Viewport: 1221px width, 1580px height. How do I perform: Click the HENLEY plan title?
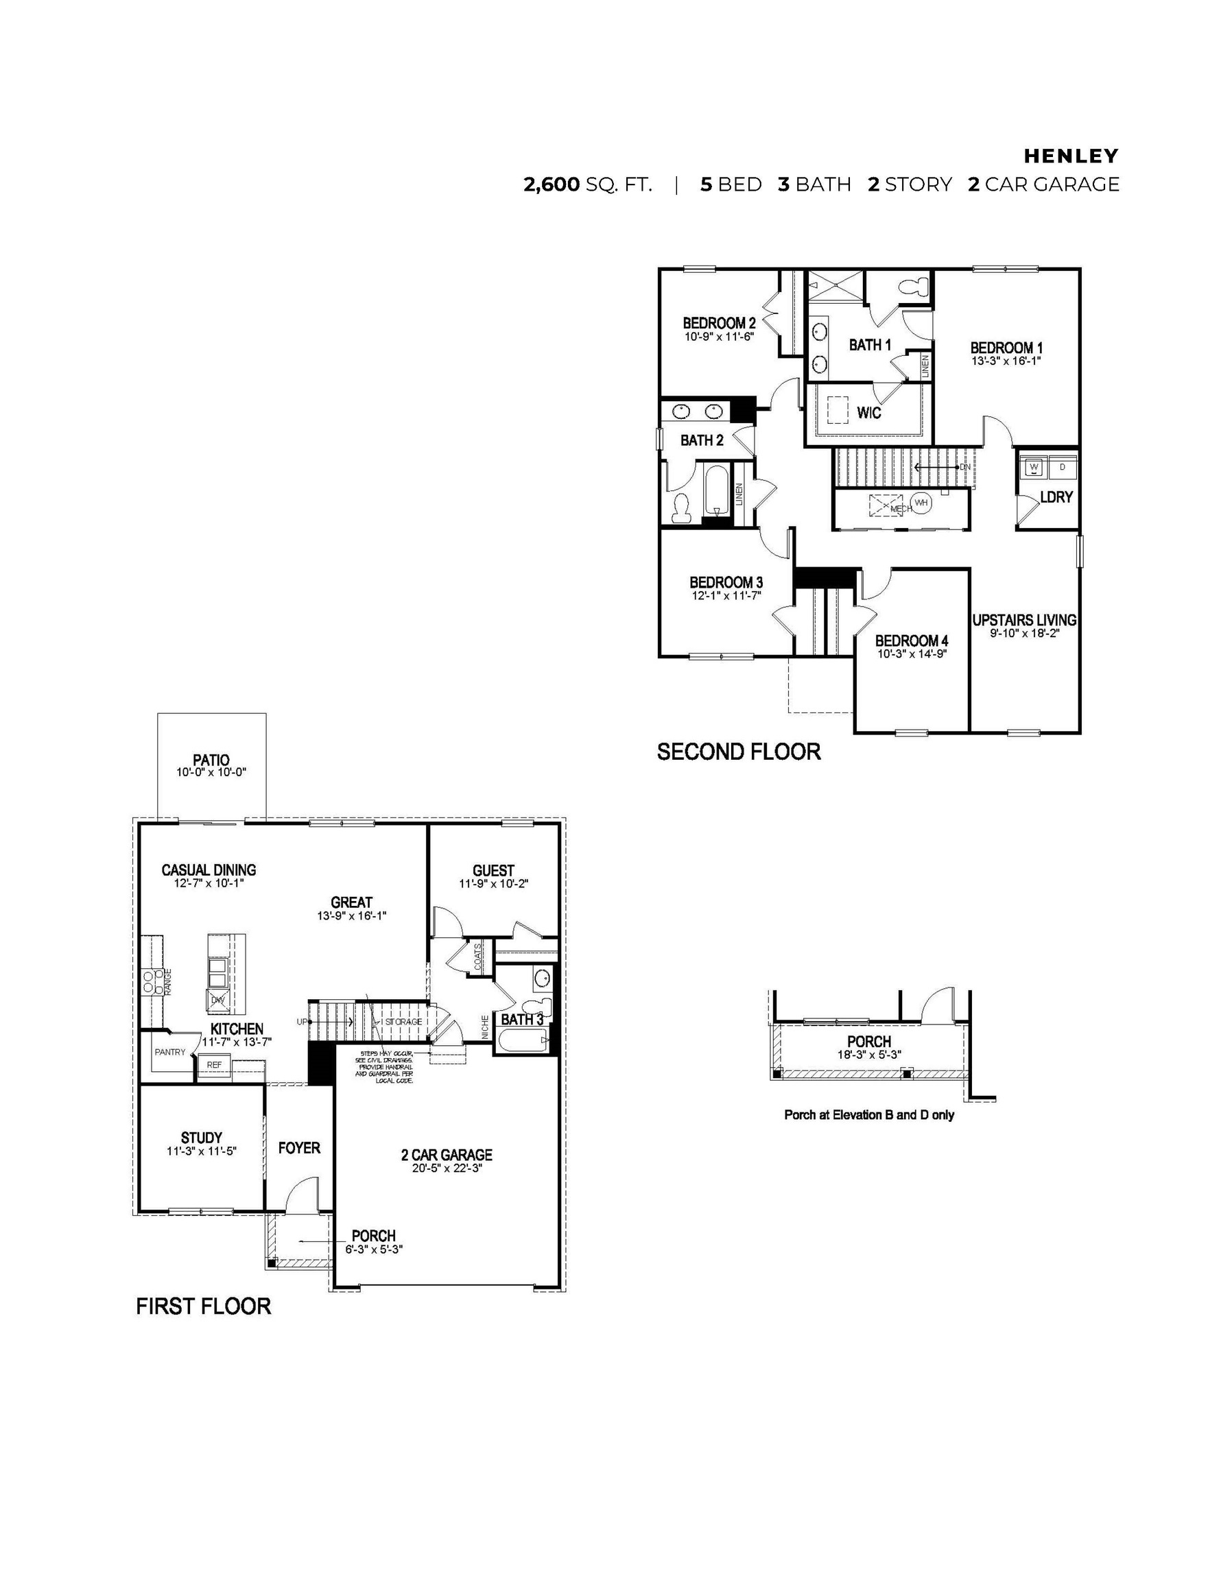[1071, 156]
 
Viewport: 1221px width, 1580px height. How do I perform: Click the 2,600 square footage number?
[552, 184]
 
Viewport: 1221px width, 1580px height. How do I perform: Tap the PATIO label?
[211, 760]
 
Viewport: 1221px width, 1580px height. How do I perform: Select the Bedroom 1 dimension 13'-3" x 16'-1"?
[1006, 360]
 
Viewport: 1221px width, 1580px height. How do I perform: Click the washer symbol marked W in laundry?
[1034, 467]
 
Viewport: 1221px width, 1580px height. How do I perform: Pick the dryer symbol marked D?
[1063, 467]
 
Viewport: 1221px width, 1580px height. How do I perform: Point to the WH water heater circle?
[921, 502]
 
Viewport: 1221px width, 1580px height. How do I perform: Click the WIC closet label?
[869, 412]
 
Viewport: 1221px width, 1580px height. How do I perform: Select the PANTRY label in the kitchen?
[170, 1052]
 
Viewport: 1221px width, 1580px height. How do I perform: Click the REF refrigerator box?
[214, 1065]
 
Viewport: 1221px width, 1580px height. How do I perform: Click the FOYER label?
[299, 1148]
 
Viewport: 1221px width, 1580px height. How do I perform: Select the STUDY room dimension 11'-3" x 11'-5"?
[201, 1151]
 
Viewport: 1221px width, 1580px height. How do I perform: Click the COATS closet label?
[477, 957]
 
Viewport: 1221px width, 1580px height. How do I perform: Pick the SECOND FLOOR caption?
[738, 752]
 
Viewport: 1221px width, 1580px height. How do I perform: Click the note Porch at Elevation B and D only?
[868, 1115]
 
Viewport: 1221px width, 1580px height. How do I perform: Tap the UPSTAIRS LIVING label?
[1024, 620]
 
